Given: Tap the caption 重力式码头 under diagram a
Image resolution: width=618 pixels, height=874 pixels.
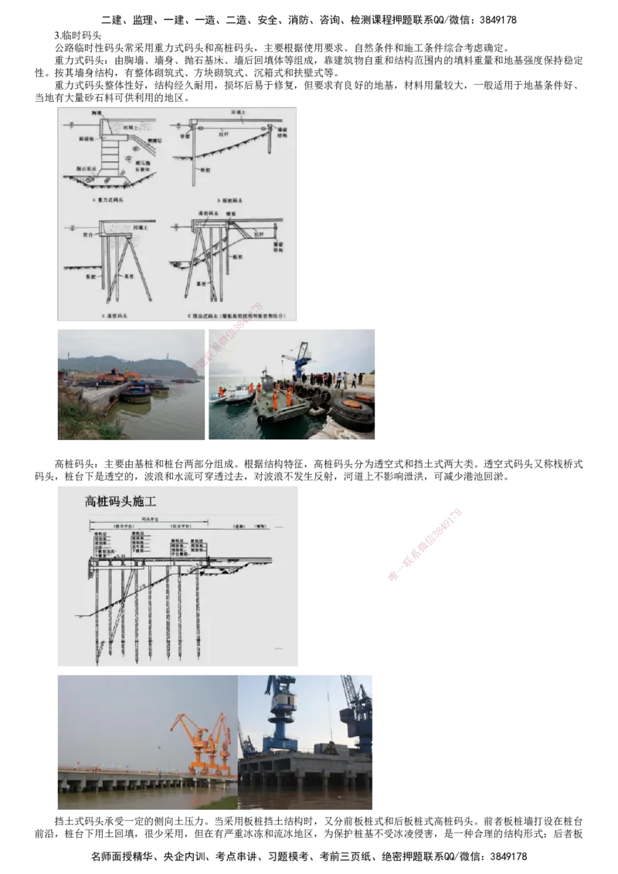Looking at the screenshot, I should [116, 200].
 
